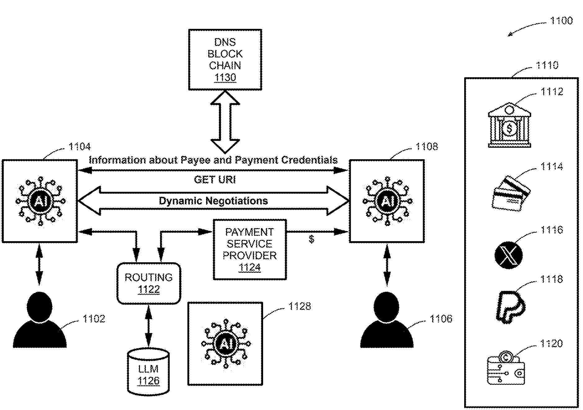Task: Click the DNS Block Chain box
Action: tap(225, 60)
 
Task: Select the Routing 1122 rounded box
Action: tap(149, 283)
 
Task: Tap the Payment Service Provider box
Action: tap(249, 250)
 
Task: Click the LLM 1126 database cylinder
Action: tap(148, 372)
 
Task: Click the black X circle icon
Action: tap(508, 255)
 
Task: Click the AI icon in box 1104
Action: tap(40, 201)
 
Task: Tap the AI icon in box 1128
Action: tap(225, 344)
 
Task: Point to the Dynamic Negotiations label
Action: tap(213, 201)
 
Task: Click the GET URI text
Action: tap(215, 179)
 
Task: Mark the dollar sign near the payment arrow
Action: tap(312, 239)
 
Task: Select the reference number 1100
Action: tap(561, 21)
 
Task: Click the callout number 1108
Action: tap(427, 146)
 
